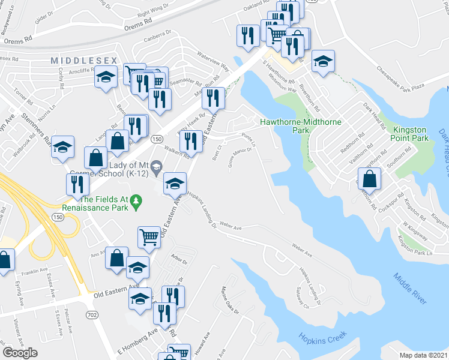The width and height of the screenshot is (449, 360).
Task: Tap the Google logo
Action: (20, 352)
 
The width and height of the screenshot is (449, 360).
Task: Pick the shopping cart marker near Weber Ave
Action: (149, 236)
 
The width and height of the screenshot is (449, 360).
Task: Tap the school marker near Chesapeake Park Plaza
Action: (323, 61)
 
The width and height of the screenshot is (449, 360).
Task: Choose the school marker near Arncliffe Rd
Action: (106, 78)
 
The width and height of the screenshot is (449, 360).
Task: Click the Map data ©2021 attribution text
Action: (424, 355)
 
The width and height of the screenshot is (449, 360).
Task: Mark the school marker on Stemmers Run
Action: (62, 148)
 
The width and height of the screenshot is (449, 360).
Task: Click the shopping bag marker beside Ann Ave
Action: (116, 258)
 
